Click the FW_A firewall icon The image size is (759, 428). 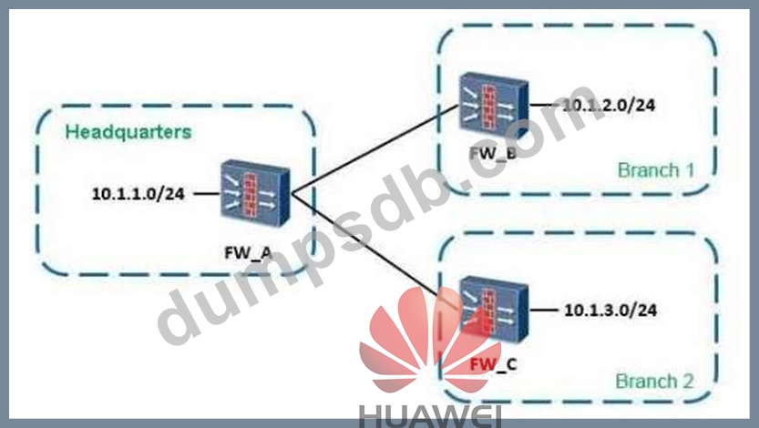pos(256,193)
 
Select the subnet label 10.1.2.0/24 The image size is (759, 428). pos(609,105)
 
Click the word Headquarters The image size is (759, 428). pos(128,131)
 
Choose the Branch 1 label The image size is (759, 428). pos(648,170)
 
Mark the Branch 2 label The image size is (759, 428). pos(648,380)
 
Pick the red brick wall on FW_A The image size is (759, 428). pos(258,192)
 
